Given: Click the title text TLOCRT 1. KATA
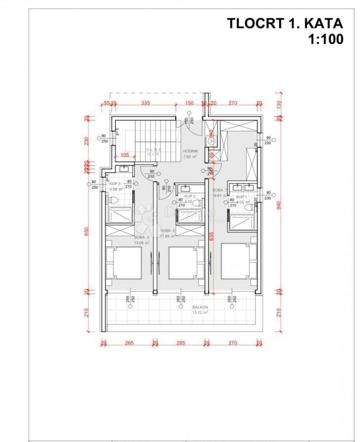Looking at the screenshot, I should coord(285,23).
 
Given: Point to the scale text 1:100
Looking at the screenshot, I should coord(325,39).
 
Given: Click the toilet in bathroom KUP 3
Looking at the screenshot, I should coord(113,201).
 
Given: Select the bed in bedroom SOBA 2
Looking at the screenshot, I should coord(186,263).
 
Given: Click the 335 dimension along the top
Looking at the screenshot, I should coord(145,103).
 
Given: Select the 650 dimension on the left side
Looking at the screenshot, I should coord(87,232).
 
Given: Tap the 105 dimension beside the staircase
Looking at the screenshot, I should coord(125,155).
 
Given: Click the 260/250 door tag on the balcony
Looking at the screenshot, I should coord(231,301).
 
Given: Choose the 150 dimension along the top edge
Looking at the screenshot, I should coord(189,103).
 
